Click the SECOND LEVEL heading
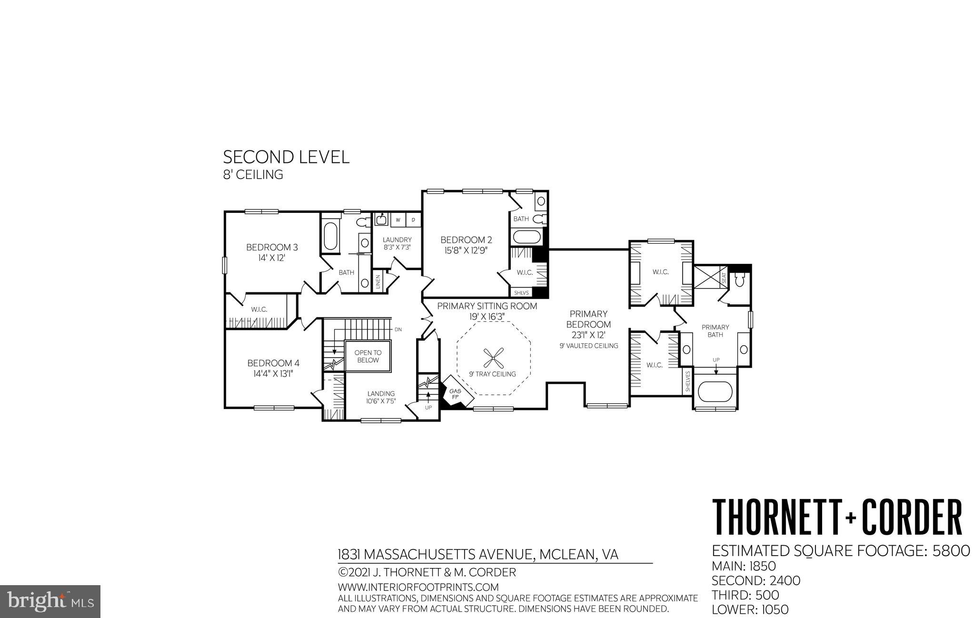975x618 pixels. click(x=286, y=157)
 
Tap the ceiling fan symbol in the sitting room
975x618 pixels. click(x=493, y=356)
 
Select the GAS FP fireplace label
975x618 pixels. click(x=455, y=394)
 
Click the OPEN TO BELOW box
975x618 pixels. click(x=368, y=357)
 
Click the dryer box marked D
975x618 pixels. click(x=413, y=220)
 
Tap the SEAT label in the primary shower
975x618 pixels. click(x=724, y=277)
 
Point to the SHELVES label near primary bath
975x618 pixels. click(x=687, y=381)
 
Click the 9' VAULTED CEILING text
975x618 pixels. click(x=589, y=346)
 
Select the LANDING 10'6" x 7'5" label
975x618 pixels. click(x=381, y=397)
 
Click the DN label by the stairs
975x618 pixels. click(x=398, y=329)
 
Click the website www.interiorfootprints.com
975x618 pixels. click(x=418, y=587)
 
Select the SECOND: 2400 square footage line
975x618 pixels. click(x=756, y=581)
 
